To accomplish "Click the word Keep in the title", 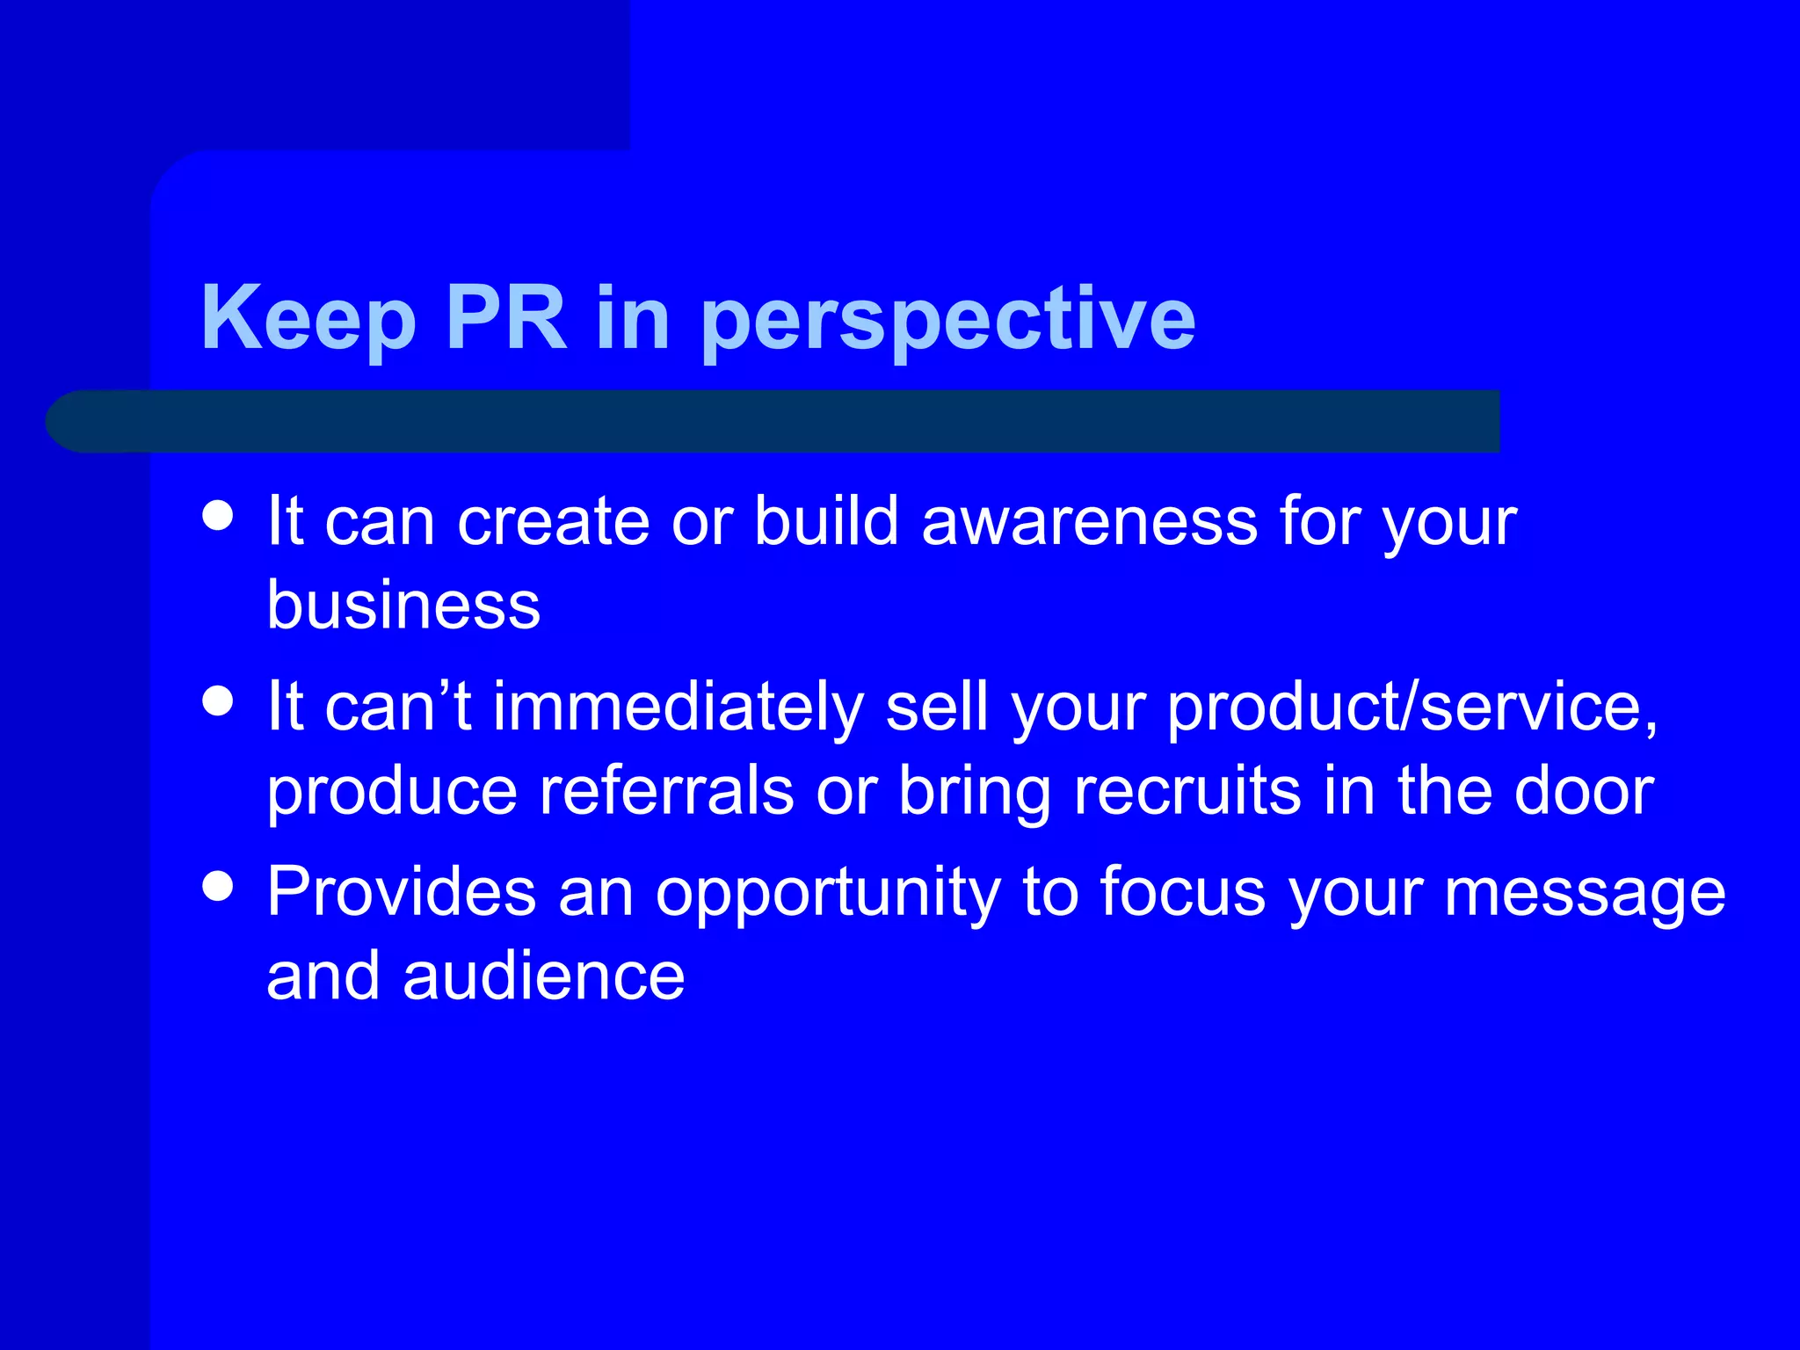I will pos(308,318).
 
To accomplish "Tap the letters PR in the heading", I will pos(506,318).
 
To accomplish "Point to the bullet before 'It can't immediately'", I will pos(217,701).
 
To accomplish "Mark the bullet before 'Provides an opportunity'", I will pos(217,886).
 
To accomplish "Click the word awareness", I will pos(1089,521).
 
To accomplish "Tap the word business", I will pos(403,606).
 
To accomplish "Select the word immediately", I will pos(678,707).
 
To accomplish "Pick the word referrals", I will pos(666,791).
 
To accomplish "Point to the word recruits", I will pos(1187,791).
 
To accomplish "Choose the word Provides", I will pos(401,892).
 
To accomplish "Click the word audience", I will pos(543,976).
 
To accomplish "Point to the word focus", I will pos(1183,892).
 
